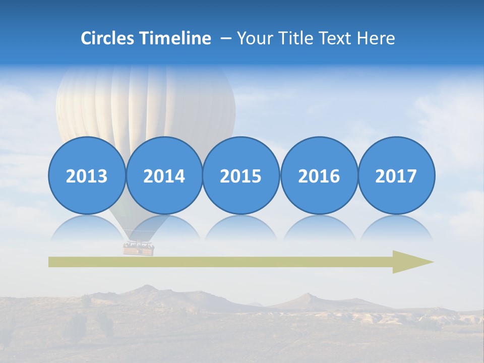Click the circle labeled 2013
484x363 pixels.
pyautogui.click(x=87, y=175)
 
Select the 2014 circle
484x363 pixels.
pyautogui.click(x=164, y=175)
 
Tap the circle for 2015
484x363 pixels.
pyautogui.click(x=241, y=175)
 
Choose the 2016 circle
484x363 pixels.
pyautogui.click(x=319, y=175)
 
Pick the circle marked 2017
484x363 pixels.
pyautogui.click(x=396, y=175)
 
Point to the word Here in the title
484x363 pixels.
pyautogui.click(x=376, y=38)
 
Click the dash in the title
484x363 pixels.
pyautogui.click(x=226, y=38)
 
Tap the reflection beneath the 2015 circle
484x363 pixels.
pyautogui.click(x=241, y=228)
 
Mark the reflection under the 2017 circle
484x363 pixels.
pyautogui.click(x=396, y=228)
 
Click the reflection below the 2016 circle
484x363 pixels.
pyautogui.click(x=319, y=228)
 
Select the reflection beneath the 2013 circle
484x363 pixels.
pyautogui.click(x=87, y=228)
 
